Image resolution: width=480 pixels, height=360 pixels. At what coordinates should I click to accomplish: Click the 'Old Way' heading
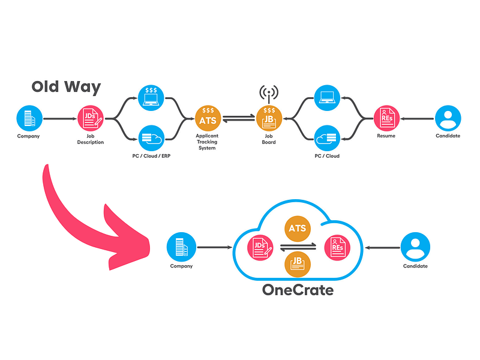[x=66, y=87]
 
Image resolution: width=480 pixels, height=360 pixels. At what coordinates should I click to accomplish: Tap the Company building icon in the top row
[x=29, y=118]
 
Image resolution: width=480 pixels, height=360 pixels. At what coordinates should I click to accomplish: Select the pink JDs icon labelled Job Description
[x=91, y=118]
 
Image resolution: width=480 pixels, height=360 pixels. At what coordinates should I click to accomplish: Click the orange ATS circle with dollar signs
[x=208, y=118]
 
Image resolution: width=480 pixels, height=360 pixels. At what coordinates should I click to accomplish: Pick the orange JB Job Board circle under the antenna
[x=269, y=118]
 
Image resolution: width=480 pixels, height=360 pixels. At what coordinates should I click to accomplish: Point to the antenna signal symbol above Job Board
[x=269, y=93]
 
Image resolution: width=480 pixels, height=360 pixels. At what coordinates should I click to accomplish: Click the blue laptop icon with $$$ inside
[x=151, y=98]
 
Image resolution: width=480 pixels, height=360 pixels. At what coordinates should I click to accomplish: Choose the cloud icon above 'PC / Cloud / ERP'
[x=151, y=139]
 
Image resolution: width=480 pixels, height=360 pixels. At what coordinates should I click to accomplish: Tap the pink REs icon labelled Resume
[x=386, y=118]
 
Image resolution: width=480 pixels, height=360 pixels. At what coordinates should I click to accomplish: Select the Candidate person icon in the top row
[x=448, y=118]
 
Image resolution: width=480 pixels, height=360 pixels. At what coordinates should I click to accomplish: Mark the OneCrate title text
[x=298, y=290]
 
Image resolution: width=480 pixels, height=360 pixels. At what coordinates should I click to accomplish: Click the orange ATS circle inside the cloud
[x=298, y=229]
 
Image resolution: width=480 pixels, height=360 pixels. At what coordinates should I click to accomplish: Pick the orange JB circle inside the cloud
[x=298, y=264]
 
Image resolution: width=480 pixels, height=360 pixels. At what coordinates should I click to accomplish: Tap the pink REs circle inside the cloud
[x=337, y=247]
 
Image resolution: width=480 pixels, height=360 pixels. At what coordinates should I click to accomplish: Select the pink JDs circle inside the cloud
[x=260, y=247]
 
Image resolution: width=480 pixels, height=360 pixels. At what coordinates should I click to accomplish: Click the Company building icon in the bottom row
[x=181, y=247]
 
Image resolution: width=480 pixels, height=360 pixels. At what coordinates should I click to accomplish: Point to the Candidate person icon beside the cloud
[x=415, y=247]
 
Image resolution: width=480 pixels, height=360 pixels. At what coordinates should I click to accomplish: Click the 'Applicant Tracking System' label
[x=207, y=142]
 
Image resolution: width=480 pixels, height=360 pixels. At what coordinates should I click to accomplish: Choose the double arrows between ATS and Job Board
[x=238, y=118]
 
